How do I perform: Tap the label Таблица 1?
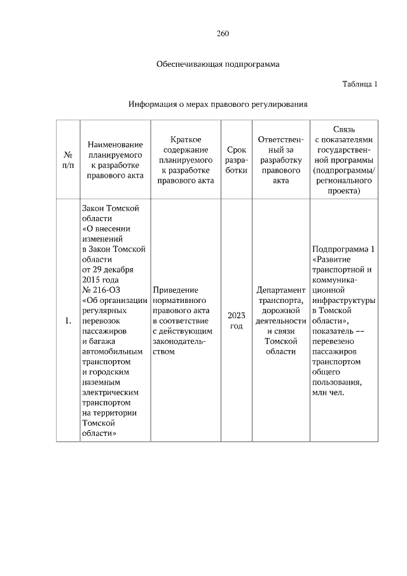360,83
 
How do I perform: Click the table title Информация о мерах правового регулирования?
218,103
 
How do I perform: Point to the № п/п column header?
67,160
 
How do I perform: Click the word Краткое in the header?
186,139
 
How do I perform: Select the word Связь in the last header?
343,129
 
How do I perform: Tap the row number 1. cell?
67,321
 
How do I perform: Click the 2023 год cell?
236,321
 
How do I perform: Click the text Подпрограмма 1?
343,249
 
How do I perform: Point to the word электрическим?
111,393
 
